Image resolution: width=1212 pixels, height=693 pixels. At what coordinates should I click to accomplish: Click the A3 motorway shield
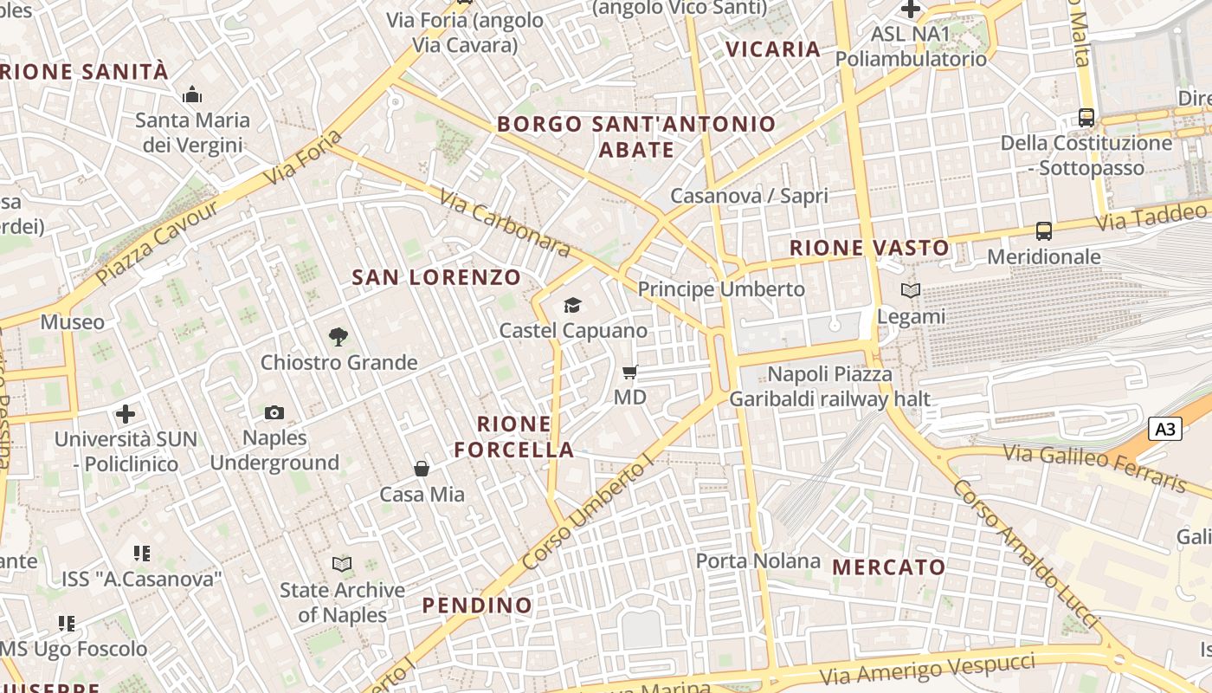coord(1165,428)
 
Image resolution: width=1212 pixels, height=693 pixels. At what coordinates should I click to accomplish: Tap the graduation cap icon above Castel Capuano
coord(572,305)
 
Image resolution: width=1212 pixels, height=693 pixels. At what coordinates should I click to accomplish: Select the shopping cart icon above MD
coord(629,372)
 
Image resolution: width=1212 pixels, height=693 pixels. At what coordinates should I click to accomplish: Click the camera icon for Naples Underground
coord(274,412)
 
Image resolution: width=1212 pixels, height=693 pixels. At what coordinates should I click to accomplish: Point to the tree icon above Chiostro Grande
coord(338,336)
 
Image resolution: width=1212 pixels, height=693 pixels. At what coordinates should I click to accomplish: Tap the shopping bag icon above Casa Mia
coord(422,469)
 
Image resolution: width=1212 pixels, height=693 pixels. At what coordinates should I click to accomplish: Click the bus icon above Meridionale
coord(1044,231)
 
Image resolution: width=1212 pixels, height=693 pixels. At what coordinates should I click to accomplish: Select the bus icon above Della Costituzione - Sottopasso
coord(1086,117)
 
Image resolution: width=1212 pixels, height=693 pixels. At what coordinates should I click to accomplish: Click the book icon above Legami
coord(910,291)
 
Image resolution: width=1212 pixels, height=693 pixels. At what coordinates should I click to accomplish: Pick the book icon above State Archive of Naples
coord(342,565)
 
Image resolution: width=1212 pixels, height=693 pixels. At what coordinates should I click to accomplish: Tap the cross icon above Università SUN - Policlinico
coord(126,414)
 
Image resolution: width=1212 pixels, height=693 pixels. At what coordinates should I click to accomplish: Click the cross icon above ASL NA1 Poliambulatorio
coord(910,10)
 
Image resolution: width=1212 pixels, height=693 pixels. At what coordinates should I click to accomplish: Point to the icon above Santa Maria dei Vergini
coord(192,94)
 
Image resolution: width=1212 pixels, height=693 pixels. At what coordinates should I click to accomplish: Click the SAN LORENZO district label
coord(436,277)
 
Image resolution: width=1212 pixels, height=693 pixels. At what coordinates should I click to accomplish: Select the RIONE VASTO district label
coord(869,248)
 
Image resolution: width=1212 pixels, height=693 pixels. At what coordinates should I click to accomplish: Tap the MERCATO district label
coord(888,567)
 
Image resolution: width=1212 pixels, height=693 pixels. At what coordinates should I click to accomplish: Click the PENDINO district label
coord(477,605)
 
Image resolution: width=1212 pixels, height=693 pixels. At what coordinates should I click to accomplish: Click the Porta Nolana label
coord(757,560)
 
